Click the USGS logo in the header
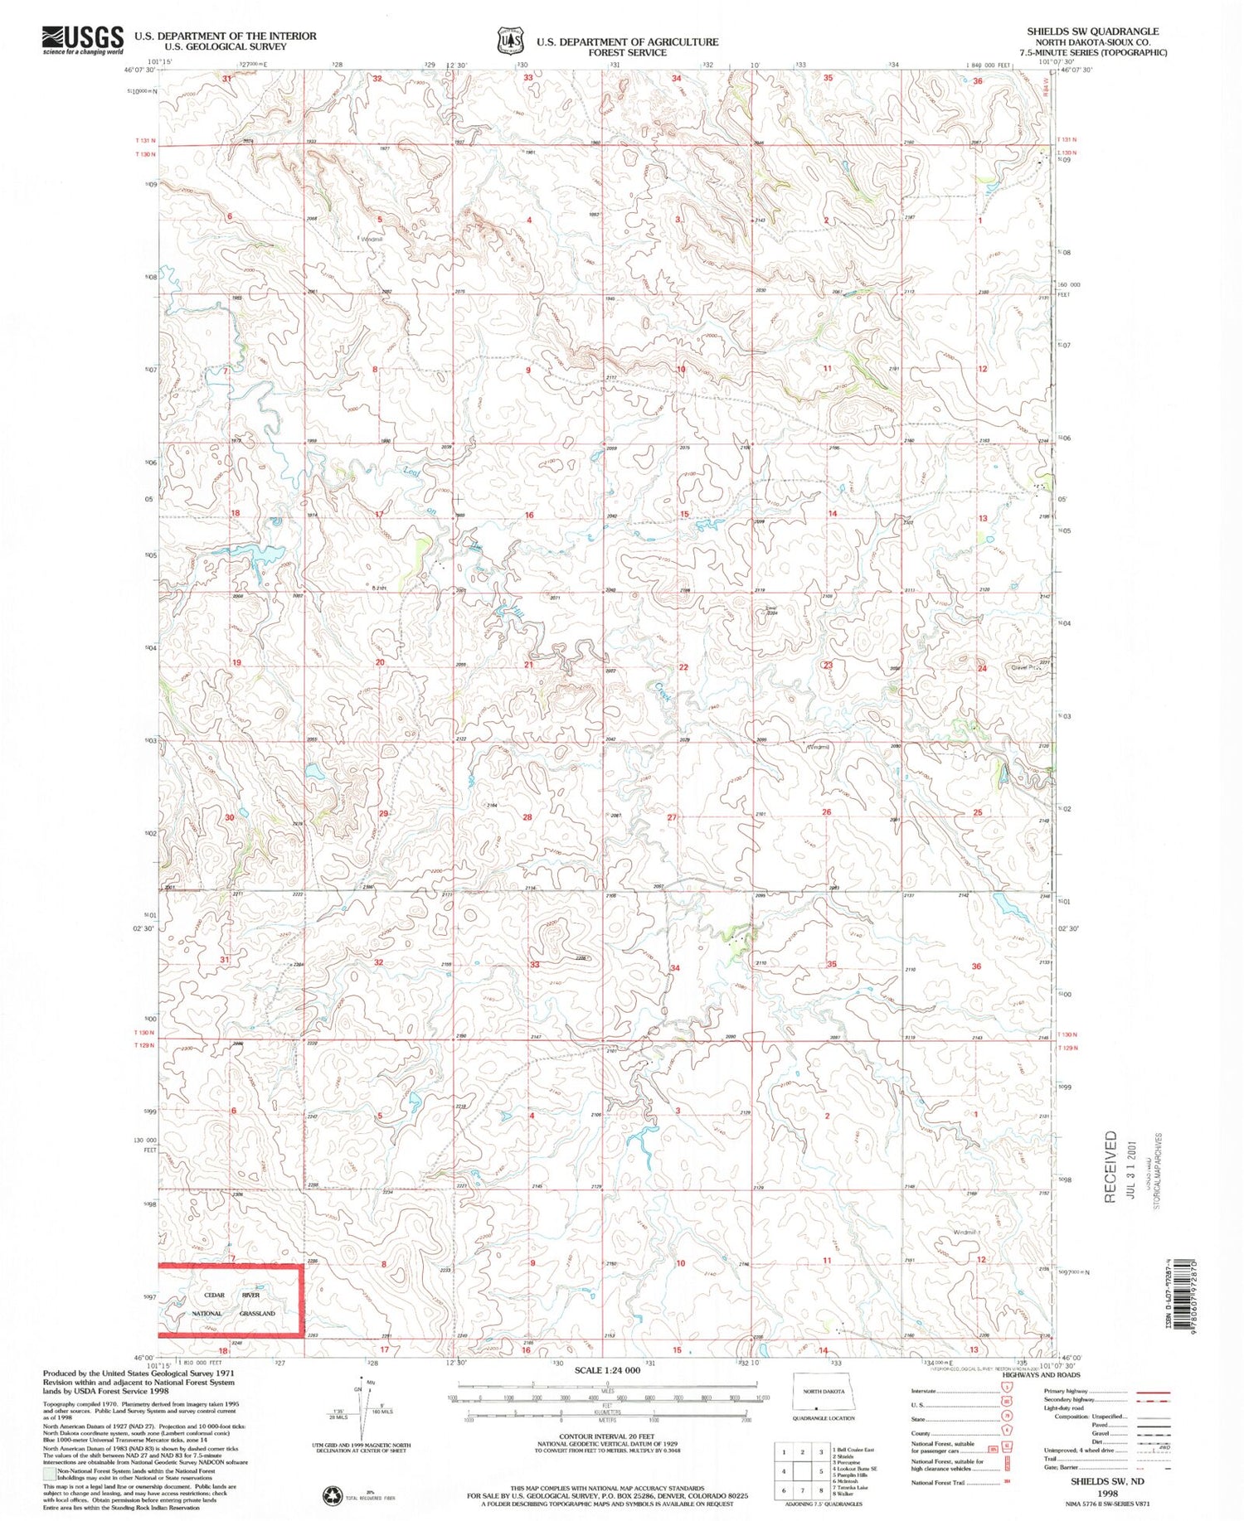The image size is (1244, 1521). pos(83,39)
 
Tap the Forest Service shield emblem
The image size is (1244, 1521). pos(510,40)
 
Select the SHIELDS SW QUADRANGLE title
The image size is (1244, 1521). pos(1092,31)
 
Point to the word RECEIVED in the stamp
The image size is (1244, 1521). pos(1110,1167)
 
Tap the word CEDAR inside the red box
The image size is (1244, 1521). pos(214,1295)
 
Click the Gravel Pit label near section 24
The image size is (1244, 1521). pos(1025,667)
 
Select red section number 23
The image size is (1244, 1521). pos(828,666)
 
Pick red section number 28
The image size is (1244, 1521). pos(527,817)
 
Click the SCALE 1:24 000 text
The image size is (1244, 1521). pos(608,1371)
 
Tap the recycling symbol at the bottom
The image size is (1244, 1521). pos(331,1495)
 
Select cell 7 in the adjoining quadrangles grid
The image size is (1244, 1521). pos(784,1490)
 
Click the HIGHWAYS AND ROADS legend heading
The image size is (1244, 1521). pos(1042,1375)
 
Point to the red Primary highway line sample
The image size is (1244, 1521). pos(1153,1393)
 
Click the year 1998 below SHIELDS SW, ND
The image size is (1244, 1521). pos(1107,1493)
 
